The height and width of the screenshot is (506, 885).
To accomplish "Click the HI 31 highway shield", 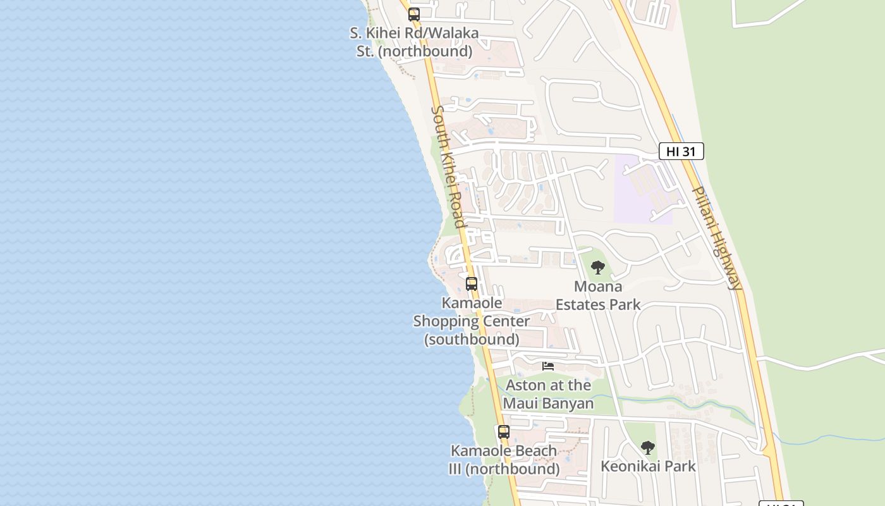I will pos(681,151).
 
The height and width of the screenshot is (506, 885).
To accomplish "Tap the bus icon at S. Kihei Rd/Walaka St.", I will pos(414,14).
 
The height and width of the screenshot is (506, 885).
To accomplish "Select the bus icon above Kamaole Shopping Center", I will pos(472,284).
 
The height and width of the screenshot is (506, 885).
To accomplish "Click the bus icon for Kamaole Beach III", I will pos(504,432).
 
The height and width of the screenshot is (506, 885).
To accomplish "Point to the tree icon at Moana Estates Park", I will pos(597,268).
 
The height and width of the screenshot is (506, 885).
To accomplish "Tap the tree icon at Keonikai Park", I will pos(647,448).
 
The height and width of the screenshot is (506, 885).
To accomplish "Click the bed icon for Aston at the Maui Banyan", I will pos(548,366).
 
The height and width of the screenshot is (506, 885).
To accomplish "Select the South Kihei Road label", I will pos(448,166).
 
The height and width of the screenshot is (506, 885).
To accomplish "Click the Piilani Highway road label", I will pos(717,237).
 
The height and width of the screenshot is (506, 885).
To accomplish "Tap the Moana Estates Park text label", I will pos(597,295).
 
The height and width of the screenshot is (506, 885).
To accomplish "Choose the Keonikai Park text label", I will pos(648,466).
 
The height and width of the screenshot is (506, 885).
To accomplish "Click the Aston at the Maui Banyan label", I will pos(548,394).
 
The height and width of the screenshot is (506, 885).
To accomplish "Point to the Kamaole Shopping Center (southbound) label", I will pos(472,321).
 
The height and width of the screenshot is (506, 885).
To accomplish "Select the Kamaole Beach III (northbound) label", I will pos(504,460).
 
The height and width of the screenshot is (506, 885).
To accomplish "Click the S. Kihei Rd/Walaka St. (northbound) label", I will pos(414,42).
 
